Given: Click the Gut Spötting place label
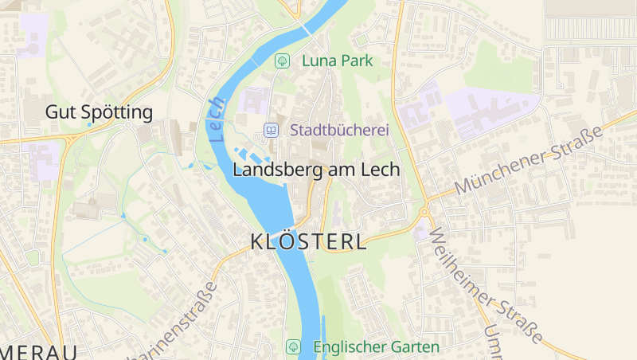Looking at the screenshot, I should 99,112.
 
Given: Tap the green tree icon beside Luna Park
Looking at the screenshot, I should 281,61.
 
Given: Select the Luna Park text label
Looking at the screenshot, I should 337,61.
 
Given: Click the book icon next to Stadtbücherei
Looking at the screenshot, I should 272,130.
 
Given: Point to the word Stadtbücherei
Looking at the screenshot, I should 339,130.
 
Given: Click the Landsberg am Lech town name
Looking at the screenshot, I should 316,170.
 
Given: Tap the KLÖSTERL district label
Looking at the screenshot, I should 309,242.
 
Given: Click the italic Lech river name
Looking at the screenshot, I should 217,119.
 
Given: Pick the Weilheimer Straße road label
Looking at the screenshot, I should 487,282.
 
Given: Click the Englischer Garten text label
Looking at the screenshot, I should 376,347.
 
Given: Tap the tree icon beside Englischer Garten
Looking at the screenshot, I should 293,347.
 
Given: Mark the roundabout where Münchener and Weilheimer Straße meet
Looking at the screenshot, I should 424,213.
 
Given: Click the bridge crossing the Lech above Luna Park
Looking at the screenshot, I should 307,29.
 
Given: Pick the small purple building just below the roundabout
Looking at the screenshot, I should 420,233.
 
